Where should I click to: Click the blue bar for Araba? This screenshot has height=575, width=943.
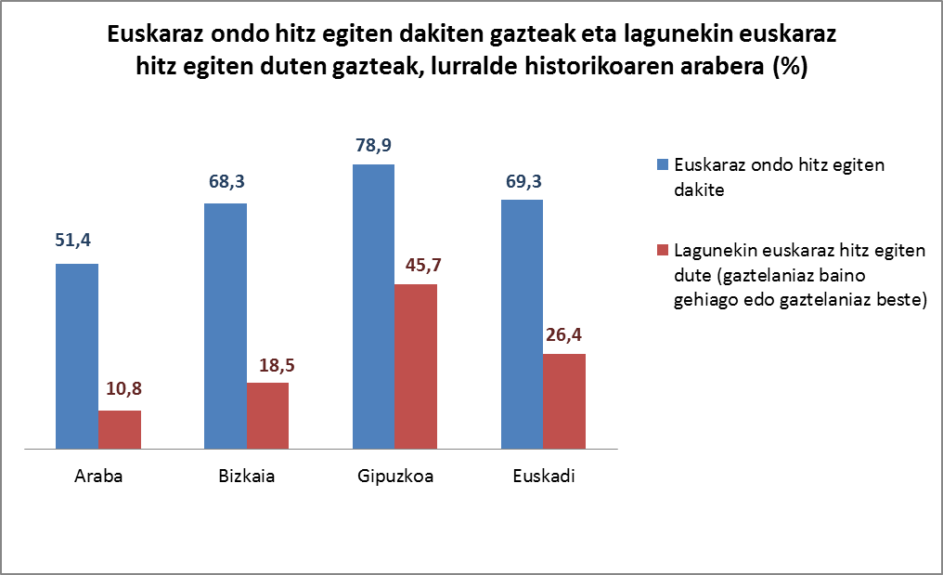pyautogui.click(x=77, y=357)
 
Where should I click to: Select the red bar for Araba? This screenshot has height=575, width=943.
pyautogui.click(x=120, y=430)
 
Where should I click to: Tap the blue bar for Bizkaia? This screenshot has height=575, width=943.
pyautogui.click(x=225, y=326)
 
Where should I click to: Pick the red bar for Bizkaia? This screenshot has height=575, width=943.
pyautogui.click(x=267, y=416)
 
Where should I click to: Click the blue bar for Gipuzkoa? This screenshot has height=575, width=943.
pyautogui.click(x=373, y=307)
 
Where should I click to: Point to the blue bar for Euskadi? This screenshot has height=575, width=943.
pyautogui.click(x=522, y=324)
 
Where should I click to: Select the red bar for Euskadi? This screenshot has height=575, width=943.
pyautogui.click(x=564, y=401)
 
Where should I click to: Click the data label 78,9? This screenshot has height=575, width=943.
pyautogui.click(x=374, y=146)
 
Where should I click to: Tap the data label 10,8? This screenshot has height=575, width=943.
pyautogui.click(x=120, y=390)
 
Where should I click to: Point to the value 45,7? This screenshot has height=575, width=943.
pyautogui.click(x=417, y=265)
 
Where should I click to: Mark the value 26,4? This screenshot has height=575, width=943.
pyautogui.click(x=564, y=334)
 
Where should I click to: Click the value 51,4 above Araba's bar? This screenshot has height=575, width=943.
pyautogui.click(x=77, y=244)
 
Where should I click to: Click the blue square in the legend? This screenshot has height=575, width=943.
pyautogui.click(x=662, y=166)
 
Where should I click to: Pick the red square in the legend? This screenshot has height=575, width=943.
pyautogui.click(x=662, y=250)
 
